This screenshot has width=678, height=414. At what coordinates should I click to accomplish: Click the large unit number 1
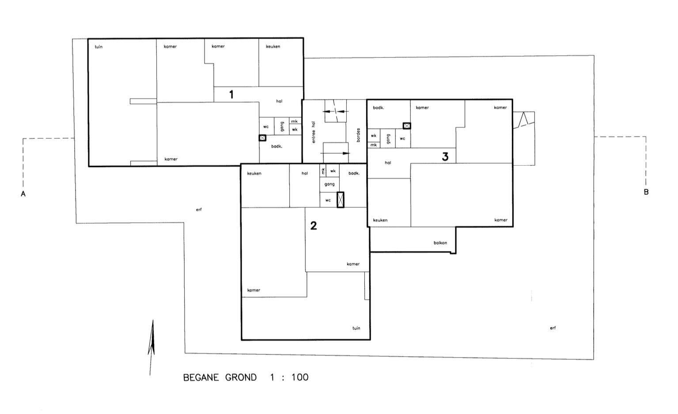[x=231, y=95]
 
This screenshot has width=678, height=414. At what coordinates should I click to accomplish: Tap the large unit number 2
[x=314, y=226]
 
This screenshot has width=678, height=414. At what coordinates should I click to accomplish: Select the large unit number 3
[x=445, y=156]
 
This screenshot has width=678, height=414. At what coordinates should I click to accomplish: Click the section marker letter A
[x=23, y=194]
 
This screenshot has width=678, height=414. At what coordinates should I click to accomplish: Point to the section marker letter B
[x=646, y=192]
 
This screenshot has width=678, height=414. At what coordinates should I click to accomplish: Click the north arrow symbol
[x=152, y=347]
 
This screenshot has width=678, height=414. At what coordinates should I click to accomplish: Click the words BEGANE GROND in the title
[x=220, y=377]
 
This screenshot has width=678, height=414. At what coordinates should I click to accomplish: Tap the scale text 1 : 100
[x=289, y=377]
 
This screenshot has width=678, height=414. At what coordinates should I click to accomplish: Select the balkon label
[x=440, y=243]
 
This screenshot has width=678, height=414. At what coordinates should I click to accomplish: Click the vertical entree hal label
[x=313, y=133]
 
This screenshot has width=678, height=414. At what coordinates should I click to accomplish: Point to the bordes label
[x=359, y=135]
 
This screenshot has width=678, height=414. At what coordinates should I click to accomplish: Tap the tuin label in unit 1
[x=98, y=47]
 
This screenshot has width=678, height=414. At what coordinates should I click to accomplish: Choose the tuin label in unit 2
[x=356, y=328]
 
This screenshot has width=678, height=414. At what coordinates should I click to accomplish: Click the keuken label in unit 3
[x=380, y=220]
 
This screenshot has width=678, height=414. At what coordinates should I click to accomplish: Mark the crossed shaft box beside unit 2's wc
[x=341, y=200]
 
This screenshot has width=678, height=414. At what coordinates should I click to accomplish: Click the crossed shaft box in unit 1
[x=262, y=138]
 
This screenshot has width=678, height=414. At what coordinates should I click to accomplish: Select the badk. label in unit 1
[x=277, y=146]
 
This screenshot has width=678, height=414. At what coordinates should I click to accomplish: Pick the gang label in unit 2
[x=330, y=184]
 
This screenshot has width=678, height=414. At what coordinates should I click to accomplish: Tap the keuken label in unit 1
[x=273, y=46]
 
